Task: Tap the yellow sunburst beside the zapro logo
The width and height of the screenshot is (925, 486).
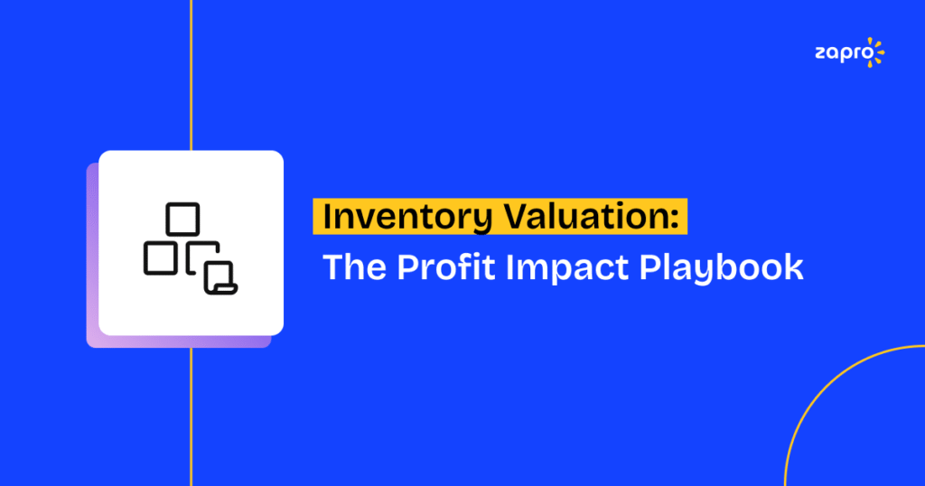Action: (874, 51)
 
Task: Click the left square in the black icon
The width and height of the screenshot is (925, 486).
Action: (160, 257)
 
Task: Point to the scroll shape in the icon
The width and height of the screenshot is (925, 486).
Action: (220, 277)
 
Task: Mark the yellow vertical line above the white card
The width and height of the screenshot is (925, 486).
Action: (192, 72)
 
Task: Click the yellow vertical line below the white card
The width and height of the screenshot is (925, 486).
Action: (192, 416)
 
